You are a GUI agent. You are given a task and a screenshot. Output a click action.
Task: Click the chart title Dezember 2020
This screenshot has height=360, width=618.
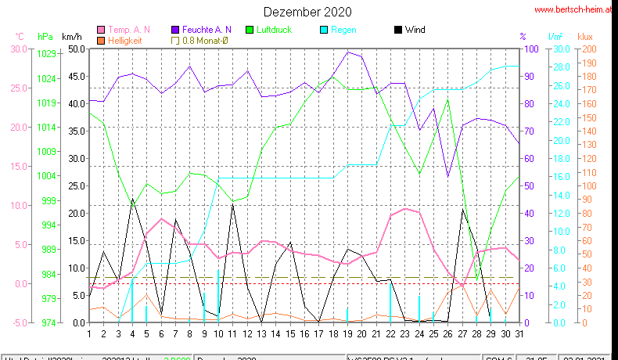307,12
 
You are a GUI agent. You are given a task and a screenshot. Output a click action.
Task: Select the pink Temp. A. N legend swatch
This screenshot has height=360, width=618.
101,30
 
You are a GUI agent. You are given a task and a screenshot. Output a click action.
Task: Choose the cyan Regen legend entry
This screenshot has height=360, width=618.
343,30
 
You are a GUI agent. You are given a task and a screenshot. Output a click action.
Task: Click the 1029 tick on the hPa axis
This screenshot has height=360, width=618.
46,54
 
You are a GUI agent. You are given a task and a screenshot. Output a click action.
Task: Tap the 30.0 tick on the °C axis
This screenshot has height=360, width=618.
19,49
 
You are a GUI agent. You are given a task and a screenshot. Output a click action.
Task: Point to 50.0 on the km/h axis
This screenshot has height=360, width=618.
77,49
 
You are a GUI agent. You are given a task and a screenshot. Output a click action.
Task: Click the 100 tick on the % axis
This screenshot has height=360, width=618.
530,49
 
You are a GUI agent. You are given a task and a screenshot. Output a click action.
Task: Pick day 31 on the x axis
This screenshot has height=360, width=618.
519,333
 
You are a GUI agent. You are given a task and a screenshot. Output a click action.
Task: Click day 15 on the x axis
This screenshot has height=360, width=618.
289,333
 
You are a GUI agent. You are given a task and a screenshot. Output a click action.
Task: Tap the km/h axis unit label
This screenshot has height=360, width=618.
71,37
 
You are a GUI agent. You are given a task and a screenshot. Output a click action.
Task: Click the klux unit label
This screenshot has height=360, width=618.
586,37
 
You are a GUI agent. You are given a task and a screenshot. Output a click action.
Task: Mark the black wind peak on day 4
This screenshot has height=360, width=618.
132,199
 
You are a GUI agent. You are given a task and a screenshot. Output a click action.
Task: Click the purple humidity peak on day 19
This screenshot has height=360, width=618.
347,52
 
